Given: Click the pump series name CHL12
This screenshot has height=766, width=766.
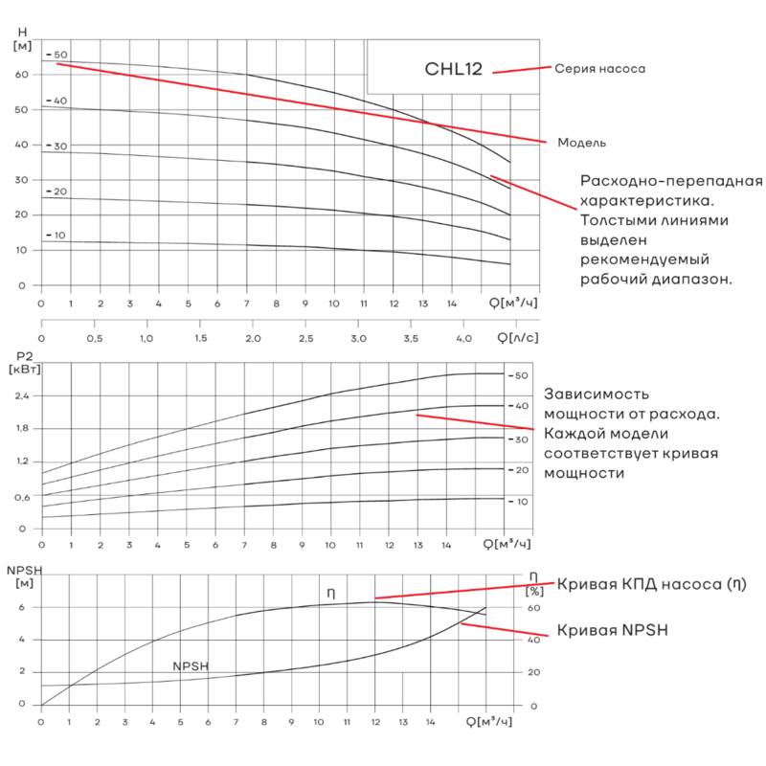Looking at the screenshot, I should (460, 69).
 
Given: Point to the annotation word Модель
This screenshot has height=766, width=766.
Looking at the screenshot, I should (581, 143).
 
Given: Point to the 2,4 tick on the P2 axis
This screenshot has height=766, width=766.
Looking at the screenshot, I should (22, 395).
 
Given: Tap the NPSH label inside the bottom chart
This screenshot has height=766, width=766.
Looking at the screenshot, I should (191, 666).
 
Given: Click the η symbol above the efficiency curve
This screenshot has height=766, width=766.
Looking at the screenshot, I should (330, 594).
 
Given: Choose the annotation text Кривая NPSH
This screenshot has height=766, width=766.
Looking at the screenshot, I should (612, 631).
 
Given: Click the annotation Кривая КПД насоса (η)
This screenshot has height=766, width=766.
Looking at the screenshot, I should (651, 584).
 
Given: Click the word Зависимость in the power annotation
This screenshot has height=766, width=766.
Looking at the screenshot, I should (596, 394).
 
